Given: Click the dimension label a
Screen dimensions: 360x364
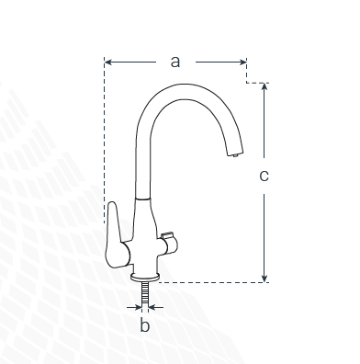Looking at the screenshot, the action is tap(175, 62).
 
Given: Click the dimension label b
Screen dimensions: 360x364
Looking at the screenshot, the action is tap(145, 324).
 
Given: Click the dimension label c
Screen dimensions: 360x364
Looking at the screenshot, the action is tap(264, 176).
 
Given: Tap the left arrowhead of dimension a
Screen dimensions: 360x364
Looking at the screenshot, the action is tap(107, 63).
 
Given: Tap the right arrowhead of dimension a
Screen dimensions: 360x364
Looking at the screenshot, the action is tap(243, 63).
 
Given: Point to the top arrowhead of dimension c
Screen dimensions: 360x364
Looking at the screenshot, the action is tap(264, 86).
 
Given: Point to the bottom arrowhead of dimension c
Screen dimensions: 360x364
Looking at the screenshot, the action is tap(264, 279).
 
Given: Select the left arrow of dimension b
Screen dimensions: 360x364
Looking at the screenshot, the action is tap(134, 307).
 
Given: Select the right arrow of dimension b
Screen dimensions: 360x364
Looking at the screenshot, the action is tap(156, 307).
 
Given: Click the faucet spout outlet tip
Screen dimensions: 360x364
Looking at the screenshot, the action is tap(235, 153).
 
